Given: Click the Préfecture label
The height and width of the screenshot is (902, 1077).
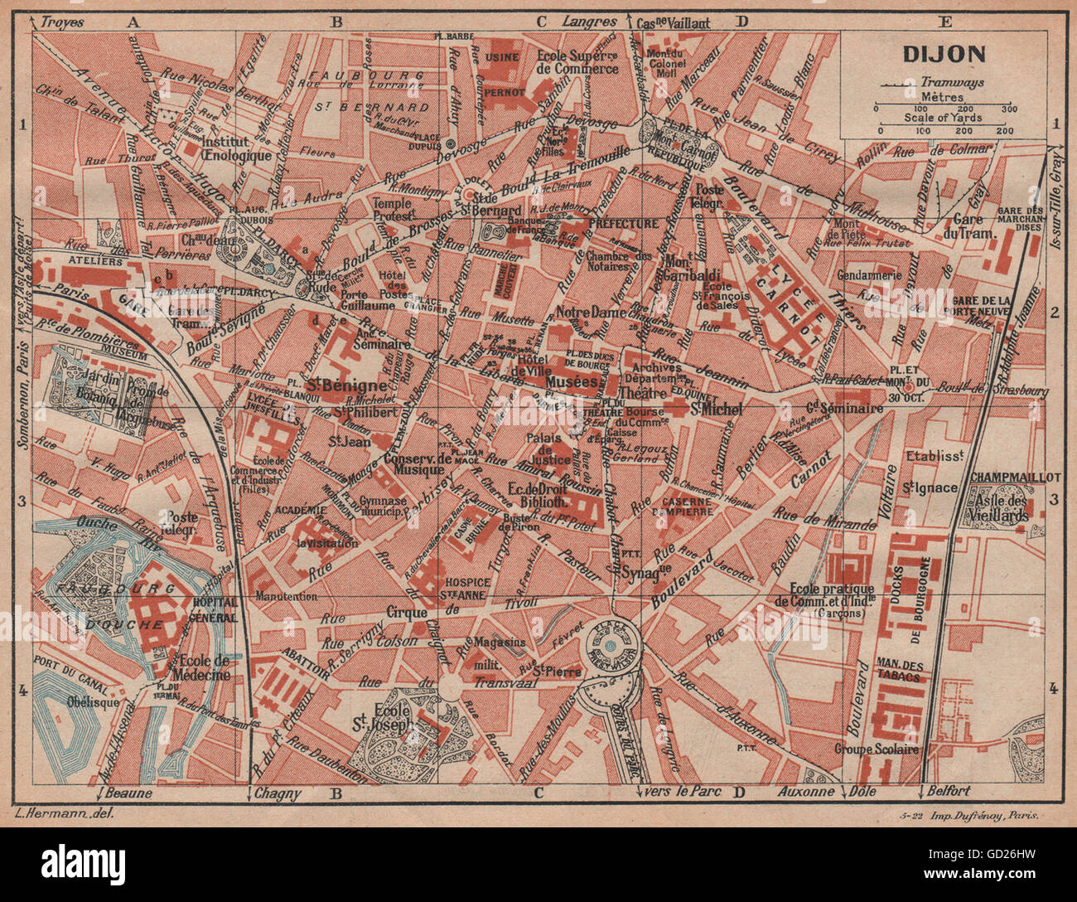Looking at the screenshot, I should pos(623,224).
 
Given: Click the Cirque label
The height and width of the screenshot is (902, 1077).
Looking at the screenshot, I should pos(407,613).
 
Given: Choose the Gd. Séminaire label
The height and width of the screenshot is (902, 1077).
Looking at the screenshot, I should pos(844,408).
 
